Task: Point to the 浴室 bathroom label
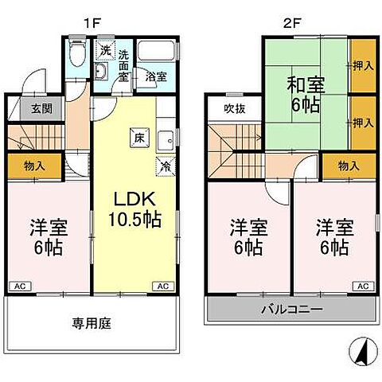pos(156,77)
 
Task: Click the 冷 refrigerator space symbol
pos(165,167)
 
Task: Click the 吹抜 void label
pos(233,109)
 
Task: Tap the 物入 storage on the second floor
pos(349,166)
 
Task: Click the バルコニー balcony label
pos(290,310)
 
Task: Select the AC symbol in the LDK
pos(162,286)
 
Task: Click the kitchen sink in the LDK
pos(166,140)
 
